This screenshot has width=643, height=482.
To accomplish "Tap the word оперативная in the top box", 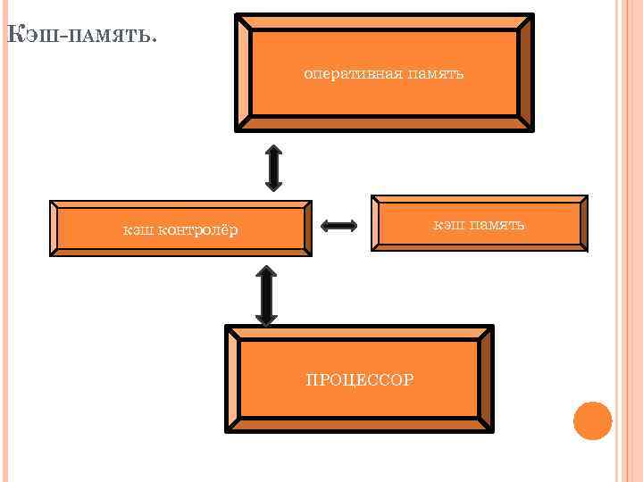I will (349, 73).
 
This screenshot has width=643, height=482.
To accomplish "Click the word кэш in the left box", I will (138, 231).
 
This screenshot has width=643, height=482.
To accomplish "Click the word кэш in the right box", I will (447, 224).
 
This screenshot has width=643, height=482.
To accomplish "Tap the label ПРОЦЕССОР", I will (359, 380).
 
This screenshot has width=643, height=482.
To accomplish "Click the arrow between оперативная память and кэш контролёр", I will (273, 167).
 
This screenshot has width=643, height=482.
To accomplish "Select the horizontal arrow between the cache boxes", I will (338, 226).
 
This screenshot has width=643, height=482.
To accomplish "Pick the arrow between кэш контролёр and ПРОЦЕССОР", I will (266, 294).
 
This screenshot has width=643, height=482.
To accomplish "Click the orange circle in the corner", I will (592, 420).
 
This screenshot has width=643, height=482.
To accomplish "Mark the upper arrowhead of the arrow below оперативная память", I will (273, 149).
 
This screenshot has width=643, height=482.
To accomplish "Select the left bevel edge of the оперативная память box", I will (243, 73).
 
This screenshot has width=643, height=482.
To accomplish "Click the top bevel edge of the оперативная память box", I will (384, 21).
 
